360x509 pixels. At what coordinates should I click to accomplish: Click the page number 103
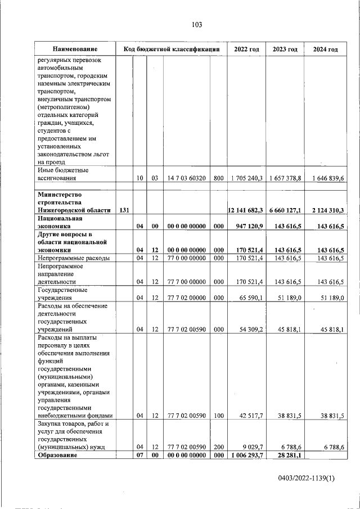[196, 25]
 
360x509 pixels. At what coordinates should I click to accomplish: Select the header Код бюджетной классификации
[171, 49]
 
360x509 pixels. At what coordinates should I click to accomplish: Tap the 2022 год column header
[246, 49]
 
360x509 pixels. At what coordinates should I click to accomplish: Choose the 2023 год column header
[285, 49]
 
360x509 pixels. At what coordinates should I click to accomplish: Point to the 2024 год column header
[325, 49]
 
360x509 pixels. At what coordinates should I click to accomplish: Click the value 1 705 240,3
[246, 178]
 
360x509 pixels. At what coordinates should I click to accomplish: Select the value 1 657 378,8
[285, 178]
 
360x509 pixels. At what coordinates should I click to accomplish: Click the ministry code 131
[124, 210]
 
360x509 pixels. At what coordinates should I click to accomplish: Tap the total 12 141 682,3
[245, 210]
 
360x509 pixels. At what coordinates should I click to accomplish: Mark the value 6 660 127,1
[285, 210]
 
